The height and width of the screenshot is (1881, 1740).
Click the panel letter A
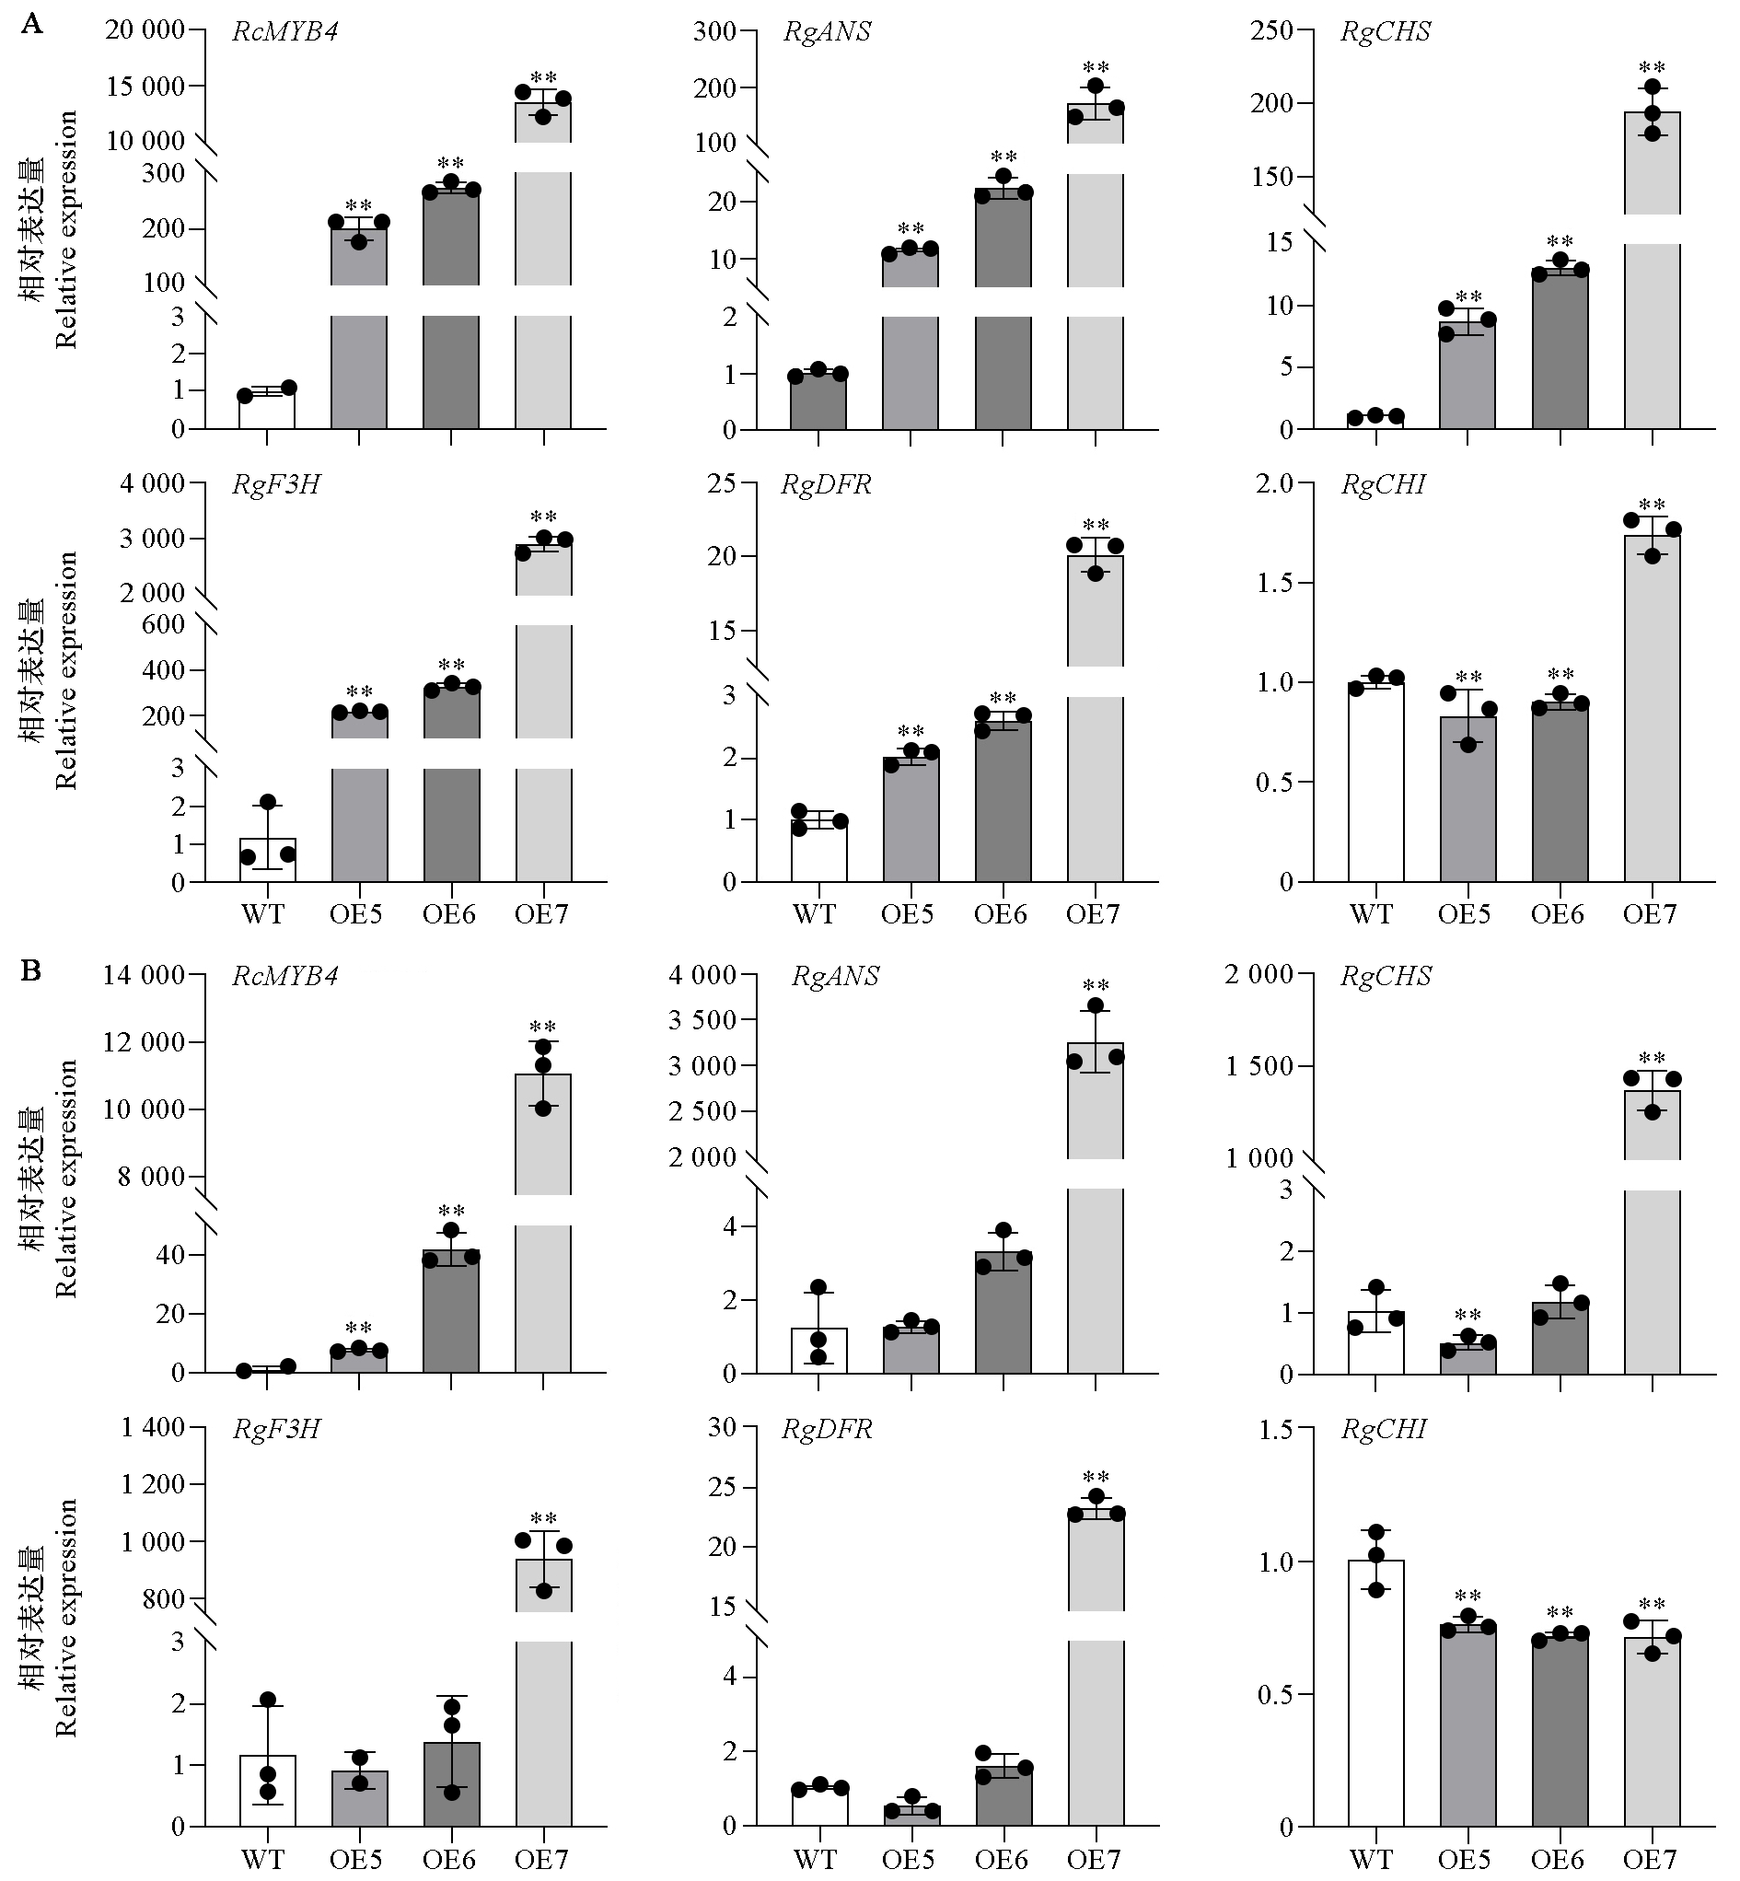point(31,25)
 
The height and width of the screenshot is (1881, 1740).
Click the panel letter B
point(31,970)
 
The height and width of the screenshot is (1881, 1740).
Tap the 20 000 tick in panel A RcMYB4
point(145,31)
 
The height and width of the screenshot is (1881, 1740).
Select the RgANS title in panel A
point(828,32)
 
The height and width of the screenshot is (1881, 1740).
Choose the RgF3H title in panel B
point(276,1429)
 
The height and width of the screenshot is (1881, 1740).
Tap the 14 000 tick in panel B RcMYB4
point(145,975)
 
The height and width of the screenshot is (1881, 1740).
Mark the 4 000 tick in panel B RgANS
point(702,975)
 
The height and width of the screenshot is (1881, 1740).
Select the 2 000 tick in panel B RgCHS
point(1259,975)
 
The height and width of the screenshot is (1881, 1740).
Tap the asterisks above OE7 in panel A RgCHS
point(1653,68)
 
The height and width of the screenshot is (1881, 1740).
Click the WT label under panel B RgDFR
point(815,1858)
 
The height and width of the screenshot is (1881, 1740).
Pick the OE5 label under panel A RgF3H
point(356,914)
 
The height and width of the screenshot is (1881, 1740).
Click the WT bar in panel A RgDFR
point(819,851)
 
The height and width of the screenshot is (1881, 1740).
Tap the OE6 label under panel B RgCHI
point(1558,1858)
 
